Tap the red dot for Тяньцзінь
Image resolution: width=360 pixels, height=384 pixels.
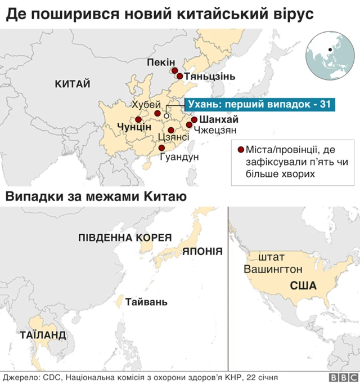[x=179, y=76]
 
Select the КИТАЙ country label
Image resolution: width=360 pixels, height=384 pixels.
[x=73, y=84]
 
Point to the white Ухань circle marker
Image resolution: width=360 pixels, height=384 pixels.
[x=166, y=116]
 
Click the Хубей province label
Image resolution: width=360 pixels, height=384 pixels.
[x=146, y=104]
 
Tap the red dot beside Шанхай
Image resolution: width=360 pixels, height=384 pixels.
[x=194, y=119]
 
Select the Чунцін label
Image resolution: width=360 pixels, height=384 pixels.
[x=134, y=128]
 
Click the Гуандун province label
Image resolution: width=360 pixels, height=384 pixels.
[x=179, y=157]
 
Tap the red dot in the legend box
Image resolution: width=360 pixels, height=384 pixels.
[x=241, y=150]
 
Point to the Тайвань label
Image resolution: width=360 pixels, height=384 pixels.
[x=146, y=302]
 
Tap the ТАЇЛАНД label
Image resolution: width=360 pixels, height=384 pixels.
[x=43, y=336]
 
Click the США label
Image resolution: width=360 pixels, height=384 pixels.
[x=303, y=286]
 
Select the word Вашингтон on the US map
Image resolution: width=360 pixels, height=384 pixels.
[x=273, y=269]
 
